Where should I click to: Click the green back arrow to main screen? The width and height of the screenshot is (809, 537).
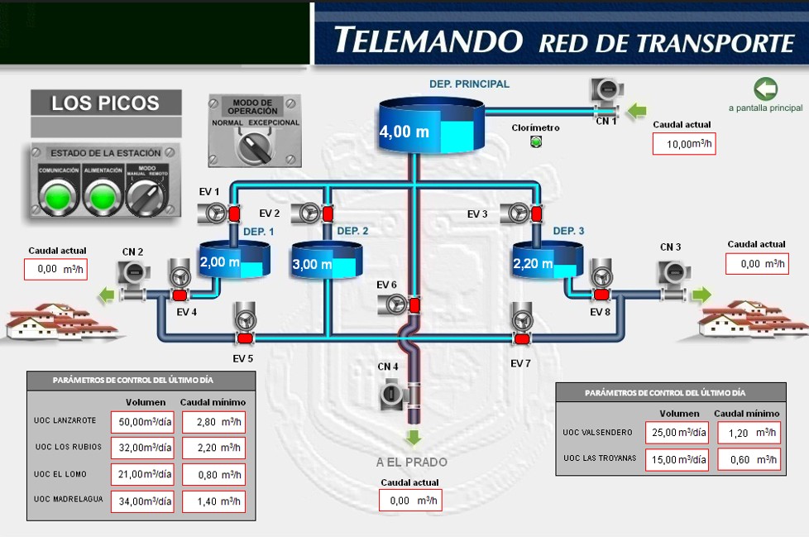click(765, 89)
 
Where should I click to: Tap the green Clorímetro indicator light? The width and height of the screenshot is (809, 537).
click(535, 141)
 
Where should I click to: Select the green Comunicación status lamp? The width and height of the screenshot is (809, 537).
click(58, 197)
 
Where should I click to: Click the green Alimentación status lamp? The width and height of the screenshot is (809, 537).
click(103, 197)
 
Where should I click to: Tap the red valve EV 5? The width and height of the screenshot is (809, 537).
click(244, 338)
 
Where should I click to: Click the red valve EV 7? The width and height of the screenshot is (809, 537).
click(521, 338)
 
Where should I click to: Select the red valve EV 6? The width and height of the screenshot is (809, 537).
click(414, 306)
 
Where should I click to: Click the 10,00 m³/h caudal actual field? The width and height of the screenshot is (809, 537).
click(684, 143)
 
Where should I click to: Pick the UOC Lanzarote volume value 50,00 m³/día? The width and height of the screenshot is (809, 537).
click(143, 422)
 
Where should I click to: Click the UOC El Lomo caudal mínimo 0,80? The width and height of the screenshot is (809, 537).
click(214, 475)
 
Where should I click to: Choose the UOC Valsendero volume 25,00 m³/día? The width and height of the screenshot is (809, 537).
click(677, 433)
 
